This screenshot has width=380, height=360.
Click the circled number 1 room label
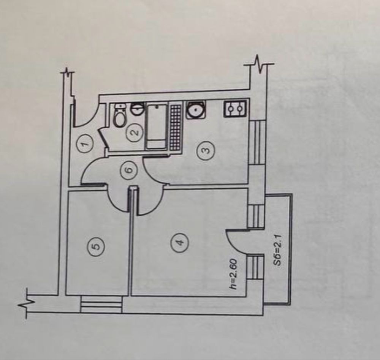84,144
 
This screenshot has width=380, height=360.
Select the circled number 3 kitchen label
206,150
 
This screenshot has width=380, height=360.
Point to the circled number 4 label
179,242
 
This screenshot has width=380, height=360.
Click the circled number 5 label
96,246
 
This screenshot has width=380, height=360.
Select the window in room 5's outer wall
101,304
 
